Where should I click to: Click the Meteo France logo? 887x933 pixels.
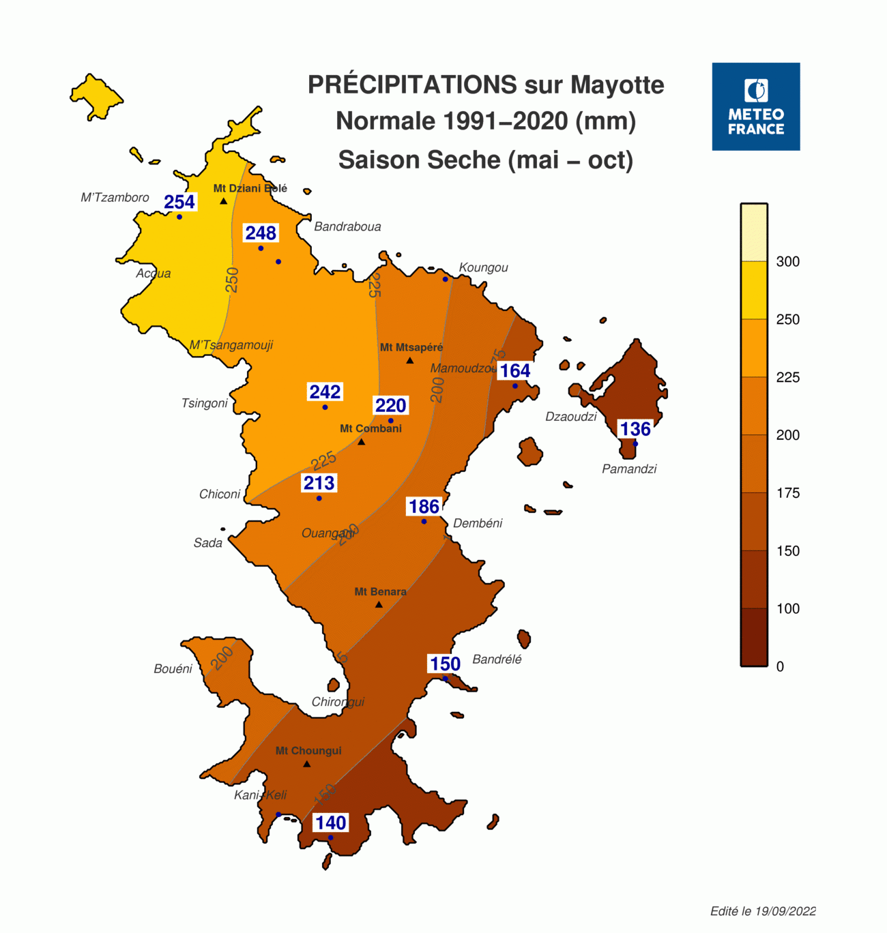(x=755, y=106)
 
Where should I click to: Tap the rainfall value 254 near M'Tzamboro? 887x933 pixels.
(x=179, y=202)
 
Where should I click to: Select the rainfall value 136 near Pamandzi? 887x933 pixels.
(x=635, y=429)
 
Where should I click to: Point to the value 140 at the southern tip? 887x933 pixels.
(x=330, y=823)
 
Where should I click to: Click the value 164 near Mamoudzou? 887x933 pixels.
(x=514, y=371)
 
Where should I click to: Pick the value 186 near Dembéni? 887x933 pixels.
(x=424, y=507)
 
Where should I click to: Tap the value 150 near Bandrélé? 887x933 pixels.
(x=445, y=664)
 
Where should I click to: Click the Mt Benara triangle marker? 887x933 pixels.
(x=379, y=605)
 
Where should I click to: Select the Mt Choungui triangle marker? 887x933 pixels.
(x=307, y=764)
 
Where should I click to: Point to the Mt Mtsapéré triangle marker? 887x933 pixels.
(x=410, y=360)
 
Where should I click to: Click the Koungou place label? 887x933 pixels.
(x=483, y=267)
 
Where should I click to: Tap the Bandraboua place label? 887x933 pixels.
(x=347, y=226)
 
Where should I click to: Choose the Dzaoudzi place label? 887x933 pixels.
(x=570, y=417)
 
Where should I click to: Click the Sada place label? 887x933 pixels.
(x=207, y=543)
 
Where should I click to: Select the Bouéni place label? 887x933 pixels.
(x=173, y=669)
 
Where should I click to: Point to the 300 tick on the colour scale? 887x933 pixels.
(x=787, y=261)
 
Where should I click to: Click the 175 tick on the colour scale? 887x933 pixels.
(x=787, y=493)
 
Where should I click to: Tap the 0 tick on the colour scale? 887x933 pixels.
(x=780, y=666)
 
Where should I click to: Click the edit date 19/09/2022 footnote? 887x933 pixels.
(x=763, y=911)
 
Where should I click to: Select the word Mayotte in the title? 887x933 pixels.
(x=617, y=85)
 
